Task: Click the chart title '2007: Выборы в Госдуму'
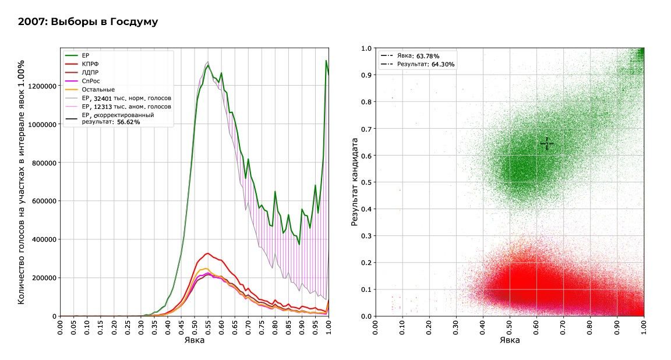pos(88,22)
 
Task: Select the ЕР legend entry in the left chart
pos(85,55)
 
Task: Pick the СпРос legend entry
pos(90,81)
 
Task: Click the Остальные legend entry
pos(97,90)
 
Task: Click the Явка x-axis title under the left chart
pos(194,340)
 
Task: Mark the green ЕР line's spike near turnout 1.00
pos(326,61)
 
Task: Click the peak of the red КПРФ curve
pos(207,253)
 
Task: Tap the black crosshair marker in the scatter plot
pos(546,143)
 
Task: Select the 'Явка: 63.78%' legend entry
pos(418,56)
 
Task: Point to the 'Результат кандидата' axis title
pos(354,182)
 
